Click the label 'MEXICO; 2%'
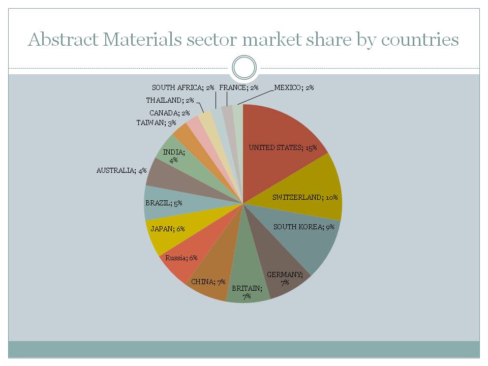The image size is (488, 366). point(294,87)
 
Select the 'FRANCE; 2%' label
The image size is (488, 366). point(239,87)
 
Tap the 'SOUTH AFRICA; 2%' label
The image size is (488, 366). point(183,87)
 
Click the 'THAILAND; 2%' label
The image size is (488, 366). point(170,100)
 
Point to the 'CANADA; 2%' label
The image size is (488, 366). point(169,113)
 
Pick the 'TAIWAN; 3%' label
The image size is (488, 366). point(156,123)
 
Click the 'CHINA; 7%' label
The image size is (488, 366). point(208,282)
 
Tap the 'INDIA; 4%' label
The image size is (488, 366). point(174,156)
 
